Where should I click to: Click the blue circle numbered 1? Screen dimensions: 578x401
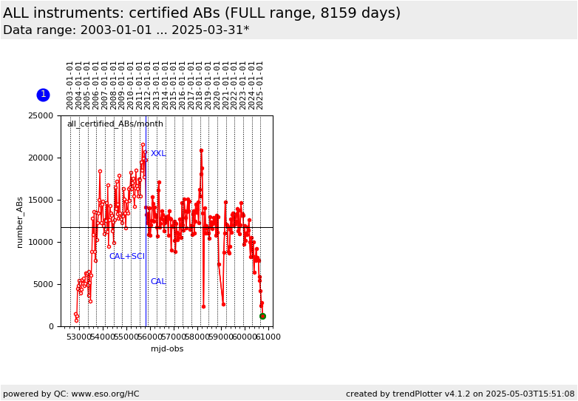(x=43, y=95)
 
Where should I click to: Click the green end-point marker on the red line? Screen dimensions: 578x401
(x=262, y=316)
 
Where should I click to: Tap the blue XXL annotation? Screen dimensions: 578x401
(x=158, y=153)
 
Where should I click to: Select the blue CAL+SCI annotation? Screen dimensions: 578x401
(x=127, y=256)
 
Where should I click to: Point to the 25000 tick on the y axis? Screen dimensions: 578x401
(x=41, y=116)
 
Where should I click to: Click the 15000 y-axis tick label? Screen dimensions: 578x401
(x=41, y=200)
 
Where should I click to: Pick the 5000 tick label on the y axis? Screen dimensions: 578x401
(x=43, y=284)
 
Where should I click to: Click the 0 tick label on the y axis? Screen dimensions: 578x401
(x=51, y=326)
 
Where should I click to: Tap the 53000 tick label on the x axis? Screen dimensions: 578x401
(x=79, y=337)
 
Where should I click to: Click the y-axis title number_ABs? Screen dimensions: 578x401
(x=19, y=223)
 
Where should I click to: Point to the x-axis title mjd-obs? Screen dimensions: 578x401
(x=167, y=348)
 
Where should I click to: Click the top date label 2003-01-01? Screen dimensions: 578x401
(x=70, y=86)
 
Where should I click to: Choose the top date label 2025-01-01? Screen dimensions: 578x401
(x=260, y=86)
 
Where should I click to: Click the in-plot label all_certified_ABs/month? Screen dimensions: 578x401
(x=115, y=124)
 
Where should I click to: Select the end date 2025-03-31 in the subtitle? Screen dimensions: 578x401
(x=208, y=30)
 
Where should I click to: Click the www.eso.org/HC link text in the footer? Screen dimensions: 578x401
(x=105, y=394)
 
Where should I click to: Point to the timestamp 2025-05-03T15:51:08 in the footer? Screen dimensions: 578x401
(x=530, y=394)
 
